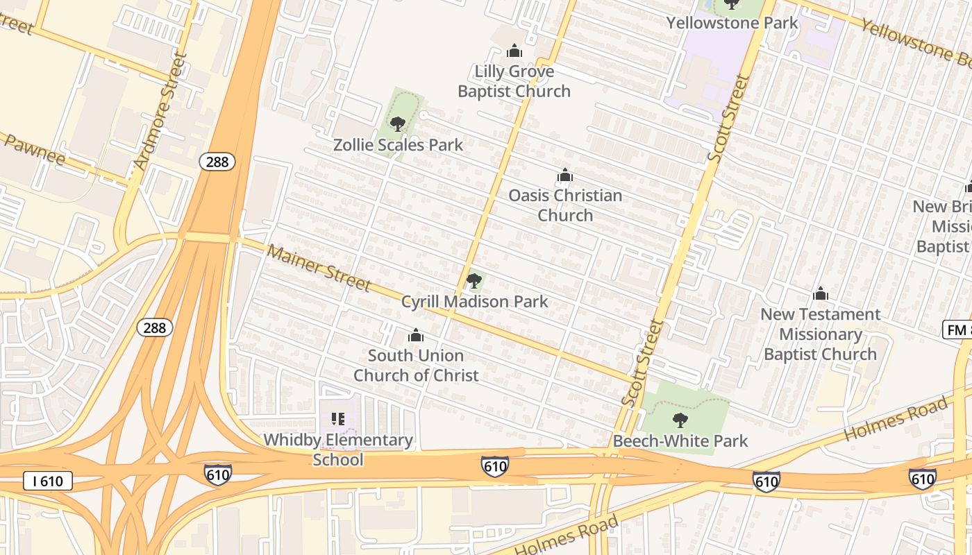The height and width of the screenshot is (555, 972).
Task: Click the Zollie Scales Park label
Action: click(398, 145)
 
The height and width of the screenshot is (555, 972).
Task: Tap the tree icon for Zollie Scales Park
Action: click(398, 124)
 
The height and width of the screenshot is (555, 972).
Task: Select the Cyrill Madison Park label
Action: click(474, 302)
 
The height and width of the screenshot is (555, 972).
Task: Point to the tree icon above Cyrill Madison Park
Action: click(474, 281)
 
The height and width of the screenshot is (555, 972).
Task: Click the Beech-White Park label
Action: click(680, 441)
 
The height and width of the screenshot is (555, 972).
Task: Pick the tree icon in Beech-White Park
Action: click(680, 420)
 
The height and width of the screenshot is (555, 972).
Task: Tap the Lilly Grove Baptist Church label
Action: click(514, 81)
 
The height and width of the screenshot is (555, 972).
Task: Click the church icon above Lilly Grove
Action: click(514, 51)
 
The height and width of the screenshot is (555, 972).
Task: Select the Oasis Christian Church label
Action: click(565, 205)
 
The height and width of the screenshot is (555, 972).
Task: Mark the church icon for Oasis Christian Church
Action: click(565, 175)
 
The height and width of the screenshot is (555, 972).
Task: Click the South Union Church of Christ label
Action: click(416, 366)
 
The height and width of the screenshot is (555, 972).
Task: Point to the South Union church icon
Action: click(416, 336)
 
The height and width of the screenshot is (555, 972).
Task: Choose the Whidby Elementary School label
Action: click(338, 450)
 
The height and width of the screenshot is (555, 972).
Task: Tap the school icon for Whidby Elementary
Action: click(338, 419)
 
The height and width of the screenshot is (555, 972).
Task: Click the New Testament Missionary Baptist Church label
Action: click(820, 334)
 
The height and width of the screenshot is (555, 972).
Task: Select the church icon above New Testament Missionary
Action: click(821, 294)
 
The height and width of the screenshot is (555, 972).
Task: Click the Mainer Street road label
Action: click(319, 268)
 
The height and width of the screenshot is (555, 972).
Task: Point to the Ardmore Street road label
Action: click(160, 111)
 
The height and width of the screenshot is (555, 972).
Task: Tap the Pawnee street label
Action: click(35, 151)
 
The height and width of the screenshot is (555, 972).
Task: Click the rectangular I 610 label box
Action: click(48, 481)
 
